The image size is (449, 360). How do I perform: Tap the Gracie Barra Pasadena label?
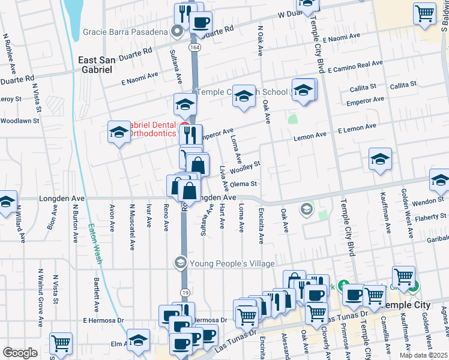[132, 31]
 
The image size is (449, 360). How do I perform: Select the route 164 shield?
[194, 47]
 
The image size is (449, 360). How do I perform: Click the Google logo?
[20, 353]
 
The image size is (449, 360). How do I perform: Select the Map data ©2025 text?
[423, 355]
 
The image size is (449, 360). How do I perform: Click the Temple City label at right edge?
[407, 305]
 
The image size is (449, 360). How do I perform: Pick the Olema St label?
[243, 184]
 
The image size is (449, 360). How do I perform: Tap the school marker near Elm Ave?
[138, 341]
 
